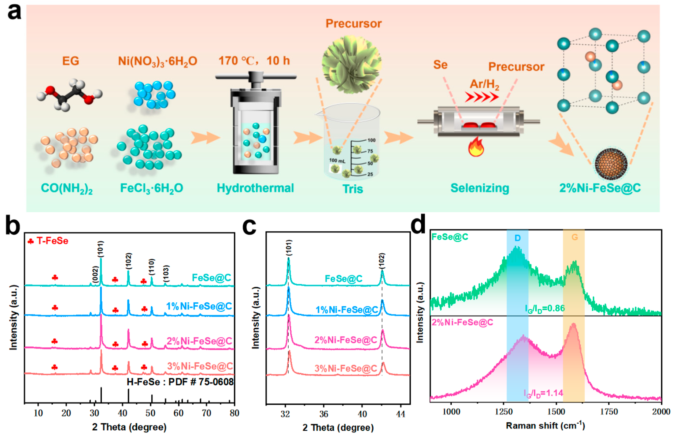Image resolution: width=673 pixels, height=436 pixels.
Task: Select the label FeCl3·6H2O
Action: click(x=152, y=188)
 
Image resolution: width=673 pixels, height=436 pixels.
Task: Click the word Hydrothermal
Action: click(x=255, y=188)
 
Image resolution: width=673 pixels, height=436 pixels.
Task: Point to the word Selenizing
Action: click(x=480, y=188)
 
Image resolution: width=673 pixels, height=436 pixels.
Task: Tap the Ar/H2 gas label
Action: click(x=484, y=84)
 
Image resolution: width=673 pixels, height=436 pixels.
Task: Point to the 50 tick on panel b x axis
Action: click(x=150, y=413)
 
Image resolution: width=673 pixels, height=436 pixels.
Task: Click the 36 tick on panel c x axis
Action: click(x=324, y=414)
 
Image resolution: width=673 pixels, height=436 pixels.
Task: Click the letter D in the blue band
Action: click(x=517, y=238)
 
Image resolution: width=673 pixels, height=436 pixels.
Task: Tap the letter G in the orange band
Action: click(x=575, y=237)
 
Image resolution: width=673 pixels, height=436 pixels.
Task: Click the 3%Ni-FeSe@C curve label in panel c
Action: click(x=346, y=368)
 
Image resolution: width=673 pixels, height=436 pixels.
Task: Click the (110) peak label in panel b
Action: click(x=152, y=266)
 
